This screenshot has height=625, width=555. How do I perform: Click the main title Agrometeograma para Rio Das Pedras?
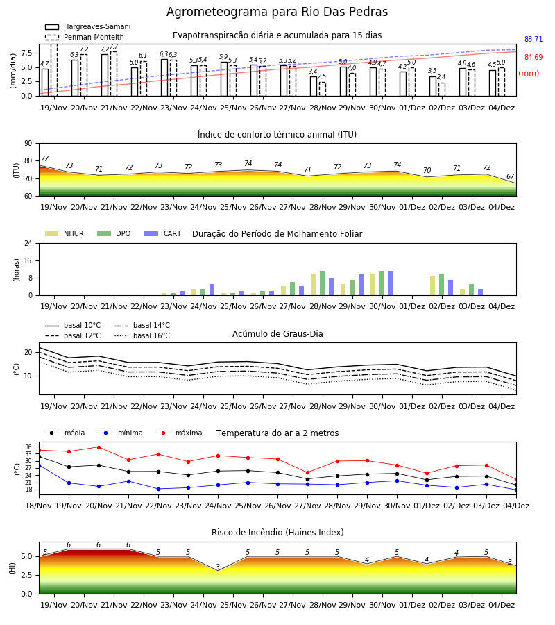277,12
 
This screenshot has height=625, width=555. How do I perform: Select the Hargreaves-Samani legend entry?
88,26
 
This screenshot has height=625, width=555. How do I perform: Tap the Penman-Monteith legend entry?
85,37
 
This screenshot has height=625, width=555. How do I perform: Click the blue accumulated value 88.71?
533,39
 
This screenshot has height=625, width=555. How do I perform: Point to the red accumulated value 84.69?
533,57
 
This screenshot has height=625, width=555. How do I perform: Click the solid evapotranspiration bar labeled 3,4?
314,86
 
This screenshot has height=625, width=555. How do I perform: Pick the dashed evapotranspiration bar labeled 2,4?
442,90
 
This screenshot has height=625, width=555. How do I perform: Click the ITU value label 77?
44,158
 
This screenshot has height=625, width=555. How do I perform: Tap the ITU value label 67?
510,176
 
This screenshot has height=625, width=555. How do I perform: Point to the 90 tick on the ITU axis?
28,144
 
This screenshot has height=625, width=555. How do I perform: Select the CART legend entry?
163,233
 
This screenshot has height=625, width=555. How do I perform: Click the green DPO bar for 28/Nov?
323,283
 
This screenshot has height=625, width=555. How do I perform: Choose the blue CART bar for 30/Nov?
391,283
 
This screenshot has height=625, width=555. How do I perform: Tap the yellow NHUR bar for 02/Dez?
432,285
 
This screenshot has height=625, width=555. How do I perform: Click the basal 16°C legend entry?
142,335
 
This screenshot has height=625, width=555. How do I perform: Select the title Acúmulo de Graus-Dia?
277,334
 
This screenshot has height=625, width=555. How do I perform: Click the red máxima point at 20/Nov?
99,447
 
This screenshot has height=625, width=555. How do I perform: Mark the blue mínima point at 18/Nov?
39,465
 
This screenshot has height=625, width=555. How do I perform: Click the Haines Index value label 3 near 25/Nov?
218,567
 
